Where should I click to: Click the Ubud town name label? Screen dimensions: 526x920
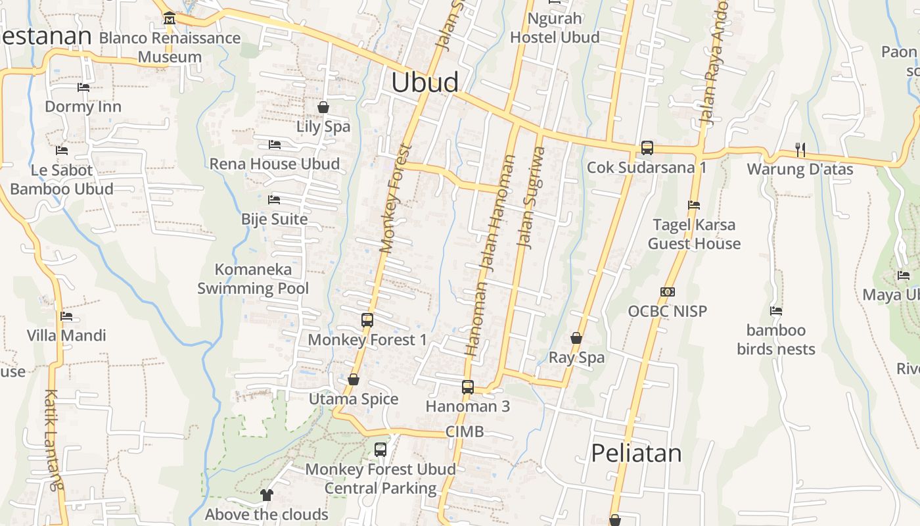pos(425,82)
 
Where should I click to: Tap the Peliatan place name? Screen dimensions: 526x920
pos(636,453)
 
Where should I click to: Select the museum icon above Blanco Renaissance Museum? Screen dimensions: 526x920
pos(170,18)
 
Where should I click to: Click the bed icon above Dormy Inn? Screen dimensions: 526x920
pos(83,87)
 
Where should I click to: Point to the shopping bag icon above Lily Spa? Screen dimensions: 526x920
pos(323,107)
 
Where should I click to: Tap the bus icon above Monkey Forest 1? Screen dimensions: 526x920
pos(367,320)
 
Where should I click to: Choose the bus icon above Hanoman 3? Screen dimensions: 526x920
pos(468,387)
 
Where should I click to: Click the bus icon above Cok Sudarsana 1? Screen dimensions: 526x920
pos(647,148)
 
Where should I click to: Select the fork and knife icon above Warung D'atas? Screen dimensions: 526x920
pos(800,150)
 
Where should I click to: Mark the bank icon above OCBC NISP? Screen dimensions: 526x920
pos(668,291)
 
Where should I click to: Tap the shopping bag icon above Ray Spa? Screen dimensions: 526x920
pos(576,338)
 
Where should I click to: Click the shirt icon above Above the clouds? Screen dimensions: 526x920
pos(267,494)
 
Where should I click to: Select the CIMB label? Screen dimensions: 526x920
pos(465,431)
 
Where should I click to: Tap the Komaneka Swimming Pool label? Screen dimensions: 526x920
pos(253,279)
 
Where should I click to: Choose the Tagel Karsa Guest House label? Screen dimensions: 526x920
pos(694,234)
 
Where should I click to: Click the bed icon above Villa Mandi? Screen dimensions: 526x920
pos(66,316)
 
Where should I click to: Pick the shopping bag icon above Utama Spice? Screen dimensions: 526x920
pos(354,379)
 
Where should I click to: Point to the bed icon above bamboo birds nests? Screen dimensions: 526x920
pos(776,311)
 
